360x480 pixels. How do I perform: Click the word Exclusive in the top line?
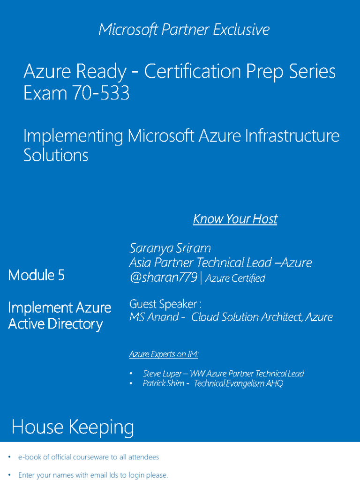241,30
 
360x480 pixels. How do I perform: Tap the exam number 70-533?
100,94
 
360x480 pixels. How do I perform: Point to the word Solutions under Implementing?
56,155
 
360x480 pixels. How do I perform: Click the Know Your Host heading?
235,219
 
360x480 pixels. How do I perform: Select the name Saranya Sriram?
170,247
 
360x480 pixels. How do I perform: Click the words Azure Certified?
235,278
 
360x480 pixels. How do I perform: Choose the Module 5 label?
36,275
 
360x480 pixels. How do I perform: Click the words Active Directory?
55,324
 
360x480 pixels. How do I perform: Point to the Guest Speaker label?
165,304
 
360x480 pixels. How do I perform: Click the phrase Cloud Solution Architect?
247,317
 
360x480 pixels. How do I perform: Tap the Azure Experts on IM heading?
164,354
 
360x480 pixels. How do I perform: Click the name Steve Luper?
159,374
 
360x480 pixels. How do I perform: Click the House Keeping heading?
73,427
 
